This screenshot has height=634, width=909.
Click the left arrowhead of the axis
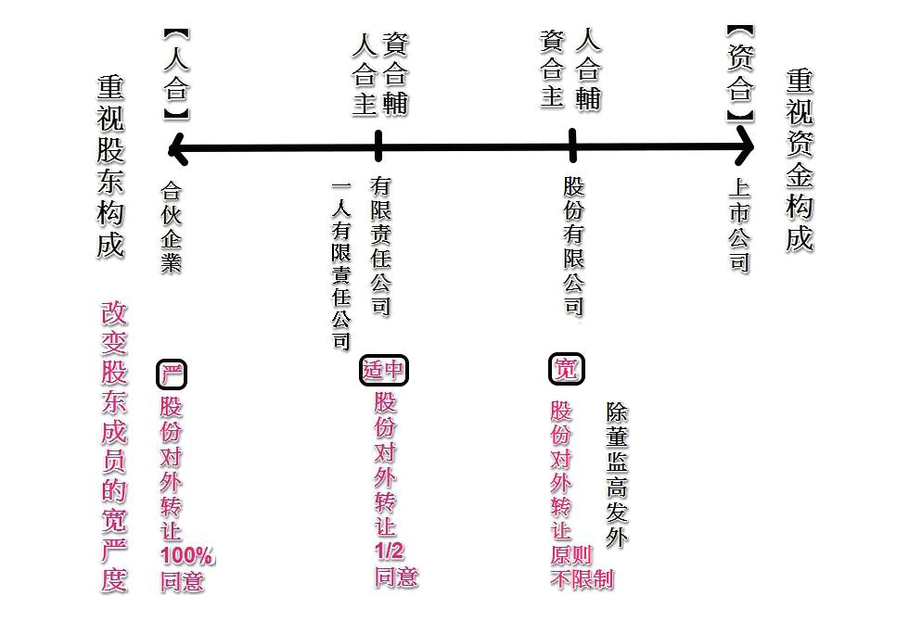click(176, 147)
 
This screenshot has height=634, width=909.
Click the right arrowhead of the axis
click(746, 146)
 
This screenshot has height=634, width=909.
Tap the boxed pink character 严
click(172, 374)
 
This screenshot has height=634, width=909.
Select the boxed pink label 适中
click(383, 370)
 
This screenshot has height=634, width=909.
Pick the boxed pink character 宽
click(566, 369)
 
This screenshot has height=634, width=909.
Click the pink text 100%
click(186, 556)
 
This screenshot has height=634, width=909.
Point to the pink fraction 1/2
click(390, 552)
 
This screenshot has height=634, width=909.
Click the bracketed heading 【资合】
click(739, 74)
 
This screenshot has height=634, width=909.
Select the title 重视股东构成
click(110, 167)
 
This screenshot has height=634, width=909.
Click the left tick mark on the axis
click(378, 146)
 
